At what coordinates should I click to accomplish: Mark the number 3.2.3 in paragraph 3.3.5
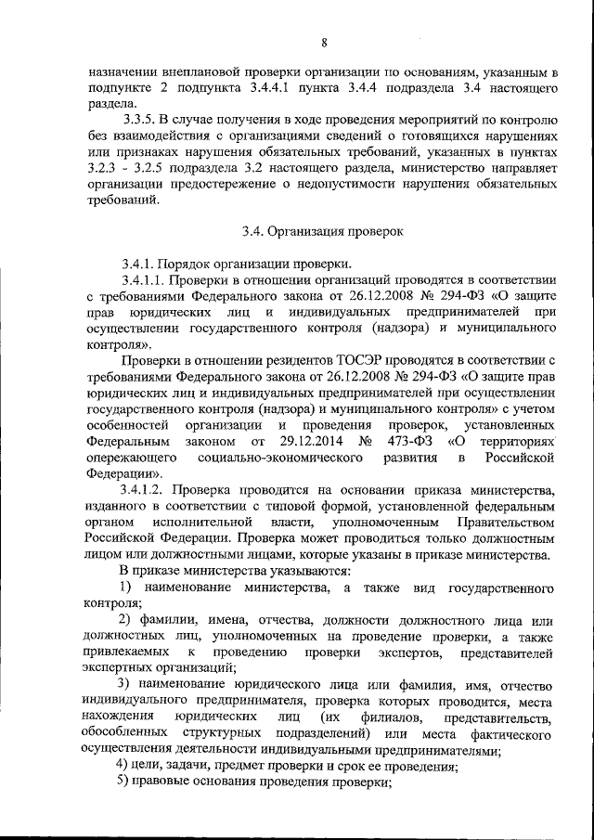coord(99,168)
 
